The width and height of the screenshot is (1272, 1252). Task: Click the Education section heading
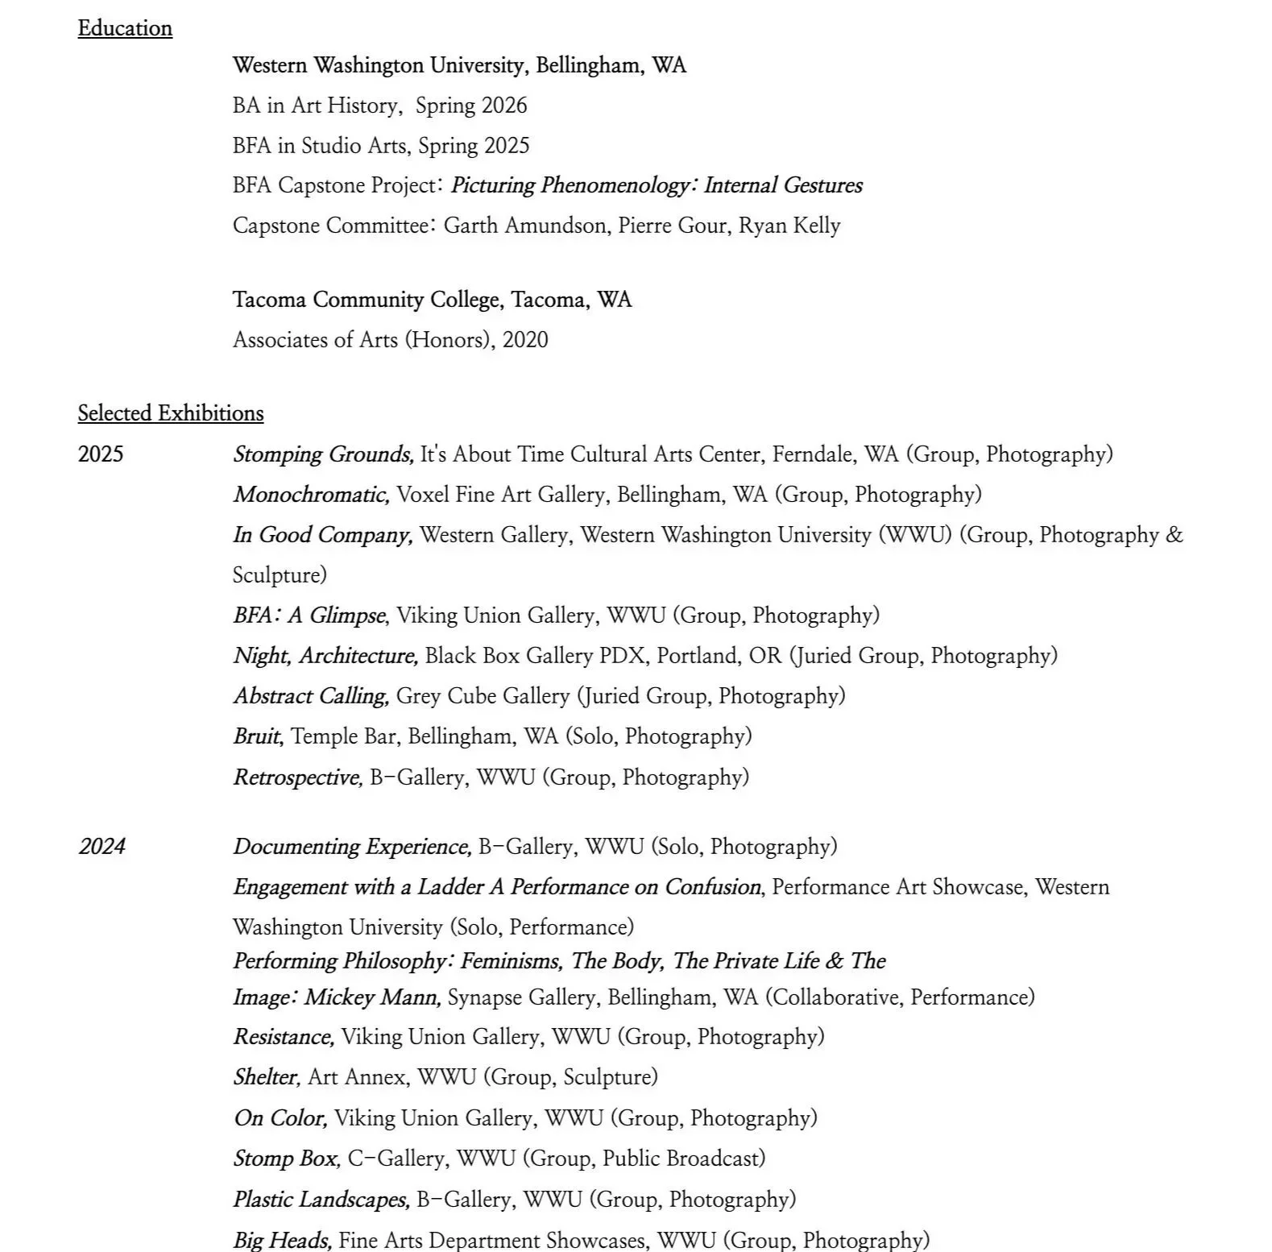tap(125, 28)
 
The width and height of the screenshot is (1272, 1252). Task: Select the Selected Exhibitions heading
tap(170, 413)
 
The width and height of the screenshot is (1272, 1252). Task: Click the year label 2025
tap(101, 454)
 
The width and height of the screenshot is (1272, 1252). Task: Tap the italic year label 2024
tap(102, 847)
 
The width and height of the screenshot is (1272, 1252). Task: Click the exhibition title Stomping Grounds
tap(323, 454)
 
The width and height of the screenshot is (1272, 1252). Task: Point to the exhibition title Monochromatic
tap(311, 495)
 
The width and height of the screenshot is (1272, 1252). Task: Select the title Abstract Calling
tap(311, 696)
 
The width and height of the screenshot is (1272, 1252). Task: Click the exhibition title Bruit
tap(257, 736)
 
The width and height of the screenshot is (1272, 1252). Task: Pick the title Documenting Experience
tap(352, 847)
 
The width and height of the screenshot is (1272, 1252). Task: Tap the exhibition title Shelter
tap(267, 1077)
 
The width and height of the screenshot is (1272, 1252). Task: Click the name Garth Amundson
tap(525, 226)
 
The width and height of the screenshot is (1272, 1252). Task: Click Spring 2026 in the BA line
tap(471, 106)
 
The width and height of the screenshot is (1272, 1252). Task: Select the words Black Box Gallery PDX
tap(535, 656)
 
